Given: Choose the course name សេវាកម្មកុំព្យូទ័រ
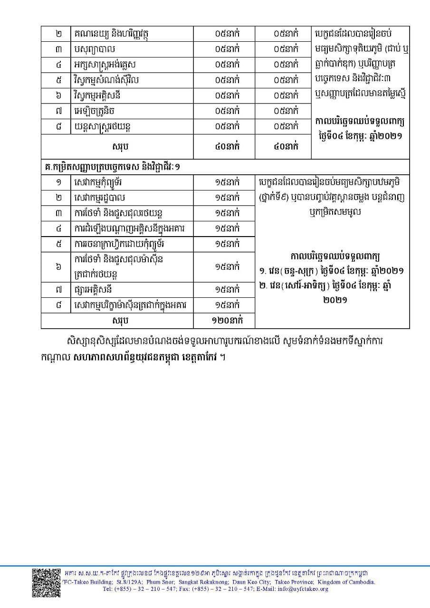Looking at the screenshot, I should (101, 182).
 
